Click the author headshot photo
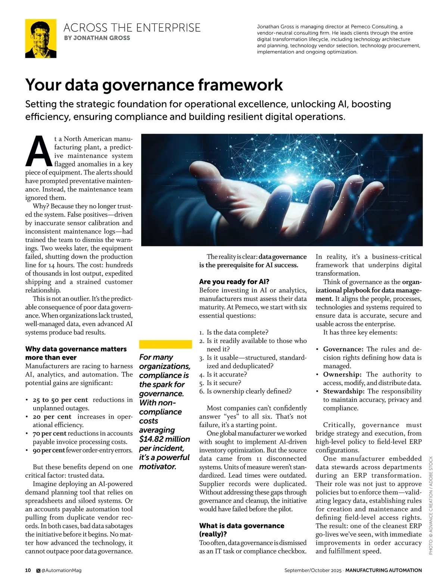click(x=41, y=38)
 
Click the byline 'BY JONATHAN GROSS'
click(x=97, y=38)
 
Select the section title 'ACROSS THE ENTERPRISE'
click(x=132, y=27)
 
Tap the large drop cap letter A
click(x=38, y=151)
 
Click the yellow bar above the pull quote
click(x=165, y=344)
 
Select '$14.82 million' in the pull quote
click(x=164, y=439)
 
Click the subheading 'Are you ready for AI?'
click(x=234, y=282)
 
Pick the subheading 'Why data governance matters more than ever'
click(x=76, y=353)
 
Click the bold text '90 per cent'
click(x=49, y=450)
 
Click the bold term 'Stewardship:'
click(x=343, y=391)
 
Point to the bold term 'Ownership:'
click(x=342, y=375)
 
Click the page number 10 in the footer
click(x=28, y=570)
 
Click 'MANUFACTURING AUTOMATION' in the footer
click(x=383, y=570)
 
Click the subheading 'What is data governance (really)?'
click(x=241, y=530)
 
